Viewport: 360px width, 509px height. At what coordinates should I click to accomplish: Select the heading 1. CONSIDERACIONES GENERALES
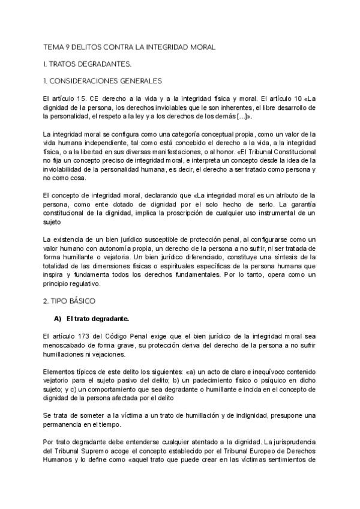101,80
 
